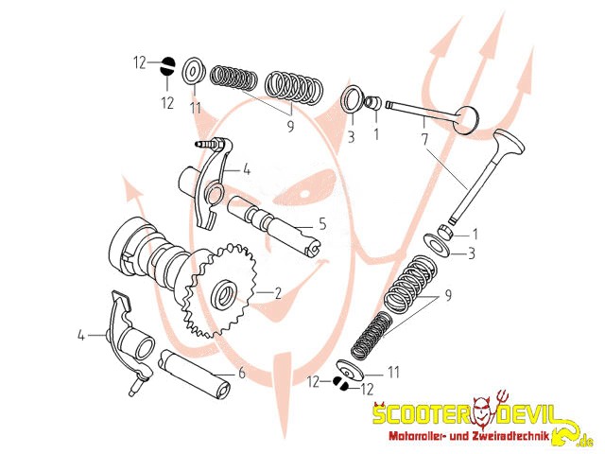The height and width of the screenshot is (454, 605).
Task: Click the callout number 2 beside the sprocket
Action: click(278, 293)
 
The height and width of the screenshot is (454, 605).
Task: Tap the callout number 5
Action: click(321, 225)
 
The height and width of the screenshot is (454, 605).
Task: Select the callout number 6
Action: click(241, 374)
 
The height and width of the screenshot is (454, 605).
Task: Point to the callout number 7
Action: click(425, 139)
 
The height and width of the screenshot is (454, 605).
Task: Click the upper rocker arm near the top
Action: click(212, 180)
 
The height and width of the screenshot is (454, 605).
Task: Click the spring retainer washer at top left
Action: click(195, 70)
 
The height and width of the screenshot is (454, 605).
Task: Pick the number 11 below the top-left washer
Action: click(195, 108)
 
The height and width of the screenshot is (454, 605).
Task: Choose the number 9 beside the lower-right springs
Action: click(448, 295)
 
